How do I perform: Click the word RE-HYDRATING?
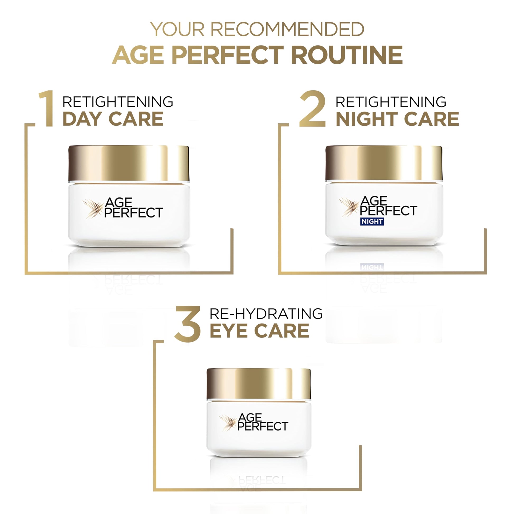pyautogui.click(x=266, y=314)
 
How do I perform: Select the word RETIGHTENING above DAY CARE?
pyautogui.click(x=118, y=102)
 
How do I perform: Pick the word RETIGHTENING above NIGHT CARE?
pyautogui.click(x=391, y=102)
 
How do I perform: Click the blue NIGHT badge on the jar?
pyautogui.click(x=372, y=221)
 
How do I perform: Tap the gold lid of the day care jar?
pyautogui.click(x=129, y=163)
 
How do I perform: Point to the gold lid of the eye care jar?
pyautogui.click(x=259, y=384)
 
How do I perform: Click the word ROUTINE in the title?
pyautogui.click(x=347, y=55)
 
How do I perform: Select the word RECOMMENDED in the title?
pyautogui.click(x=287, y=29)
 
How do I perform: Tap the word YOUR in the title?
pyautogui.click(x=177, y=29)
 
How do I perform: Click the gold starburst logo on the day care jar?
pyautogui.click(x=93, y=209)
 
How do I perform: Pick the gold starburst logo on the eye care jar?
pyautogui.click(x=228, y=423)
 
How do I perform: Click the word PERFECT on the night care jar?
pyautogui.click(x=389, y=211)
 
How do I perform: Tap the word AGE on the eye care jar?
pyautogui.click(x=250, y=418)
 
